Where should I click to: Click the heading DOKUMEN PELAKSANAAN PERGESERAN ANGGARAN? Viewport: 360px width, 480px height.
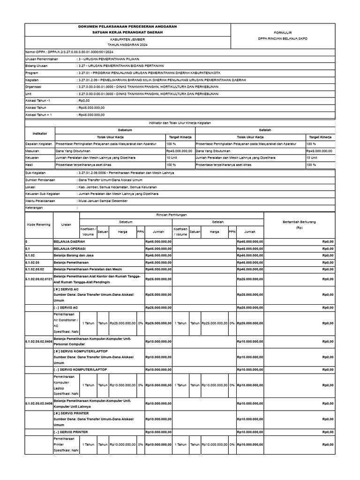pos(127,27)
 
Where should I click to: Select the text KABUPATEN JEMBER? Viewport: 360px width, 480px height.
pos(127,40)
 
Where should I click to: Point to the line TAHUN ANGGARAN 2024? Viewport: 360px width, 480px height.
pos(127,45)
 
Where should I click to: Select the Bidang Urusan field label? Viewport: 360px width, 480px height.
pos(38,67)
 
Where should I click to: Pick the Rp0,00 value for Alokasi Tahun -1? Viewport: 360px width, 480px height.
pos(84,101)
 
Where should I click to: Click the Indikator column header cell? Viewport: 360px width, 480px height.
pos(40,134)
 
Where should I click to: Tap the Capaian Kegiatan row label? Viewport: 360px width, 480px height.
pos(39,144)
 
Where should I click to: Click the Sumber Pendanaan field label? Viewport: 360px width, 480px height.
pos(40,180)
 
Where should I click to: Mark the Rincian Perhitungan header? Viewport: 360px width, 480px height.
pos(171,214)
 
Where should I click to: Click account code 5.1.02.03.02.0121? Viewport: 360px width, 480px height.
pos(38,279)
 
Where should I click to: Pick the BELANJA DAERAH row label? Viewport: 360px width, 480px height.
pos(66,241)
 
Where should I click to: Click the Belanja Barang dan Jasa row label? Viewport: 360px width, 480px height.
pos(73,255)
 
